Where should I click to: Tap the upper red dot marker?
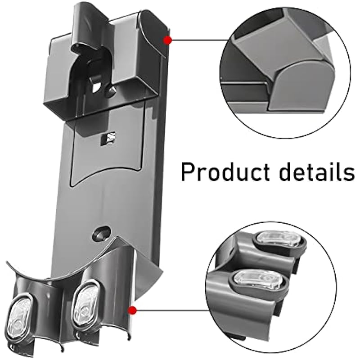[x=168, y=40]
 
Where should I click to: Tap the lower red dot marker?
[x=132, y=310]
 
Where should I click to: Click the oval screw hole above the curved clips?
[x=101, y=233]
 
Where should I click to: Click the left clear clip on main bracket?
[x=19, y=317]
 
